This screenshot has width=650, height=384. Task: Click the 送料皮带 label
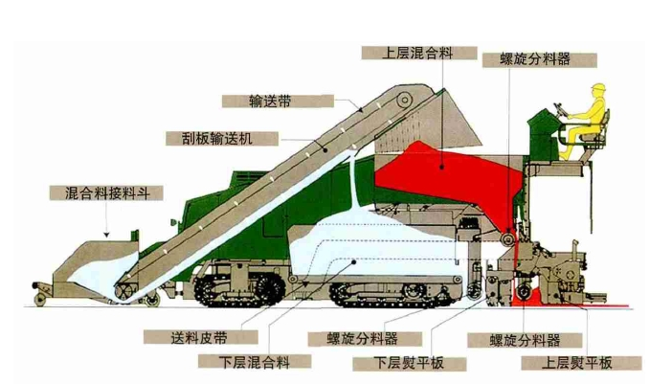pyautogui.click(x=199, y=337)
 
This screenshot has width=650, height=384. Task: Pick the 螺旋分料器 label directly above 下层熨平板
pyautogui.click(x=354, y=338)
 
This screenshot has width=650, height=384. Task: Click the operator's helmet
pyautogui.click(x=599, y=89)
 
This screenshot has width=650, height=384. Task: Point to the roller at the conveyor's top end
pyautogui.click(x=406, y=98)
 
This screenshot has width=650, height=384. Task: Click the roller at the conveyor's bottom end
pyautogui.click(x=122, y=290)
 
